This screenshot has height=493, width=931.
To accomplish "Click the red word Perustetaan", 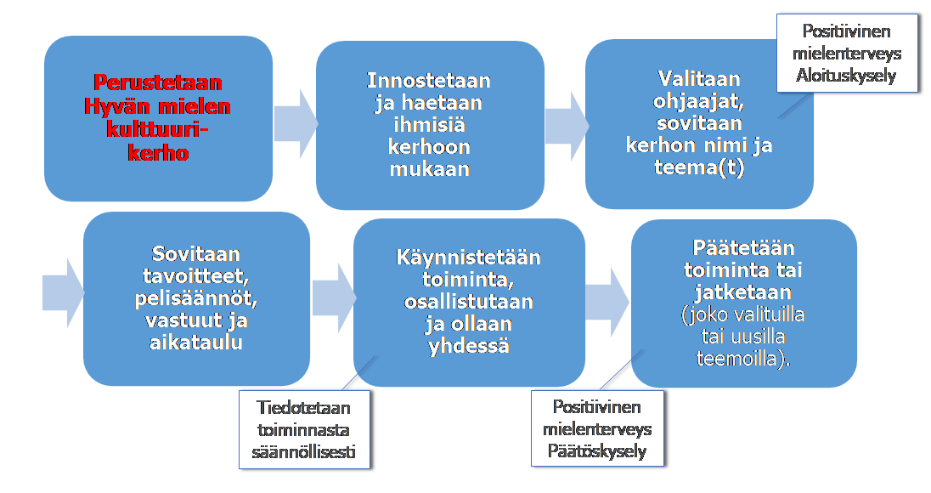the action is (x=158, y=82).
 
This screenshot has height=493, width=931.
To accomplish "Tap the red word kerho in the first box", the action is (x=158, y=153).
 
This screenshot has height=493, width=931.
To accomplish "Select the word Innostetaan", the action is (x=429, y=80).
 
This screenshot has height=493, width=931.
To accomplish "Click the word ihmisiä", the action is (x=429, y=125).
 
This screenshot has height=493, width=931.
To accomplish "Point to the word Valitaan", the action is (x=699, y=78).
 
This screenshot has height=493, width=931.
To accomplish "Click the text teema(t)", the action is (x=699, y=167).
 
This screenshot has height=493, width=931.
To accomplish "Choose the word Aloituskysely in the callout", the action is (x=846, y=76).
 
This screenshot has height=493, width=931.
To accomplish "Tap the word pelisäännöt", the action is (x=196, y=298).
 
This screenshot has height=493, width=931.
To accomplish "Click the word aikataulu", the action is (x=196, y=343).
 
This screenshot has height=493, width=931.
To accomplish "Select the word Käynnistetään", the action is (x=468, y=258).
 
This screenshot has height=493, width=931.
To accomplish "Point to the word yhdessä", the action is (x=468, y=346).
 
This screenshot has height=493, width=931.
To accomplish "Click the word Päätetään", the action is (x=743, y=247).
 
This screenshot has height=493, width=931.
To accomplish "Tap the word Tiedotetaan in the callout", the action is (x=303, y=407).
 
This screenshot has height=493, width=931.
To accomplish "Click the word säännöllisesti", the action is (x=303, y=452).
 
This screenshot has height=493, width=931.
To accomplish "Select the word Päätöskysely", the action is (x=596, y=450).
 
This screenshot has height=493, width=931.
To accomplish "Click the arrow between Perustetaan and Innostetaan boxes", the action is (x=296, y=124).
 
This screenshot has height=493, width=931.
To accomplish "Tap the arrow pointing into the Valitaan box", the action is (x=567, y=126).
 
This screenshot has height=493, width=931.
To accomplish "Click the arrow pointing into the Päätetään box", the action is (x=607, y=303).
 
